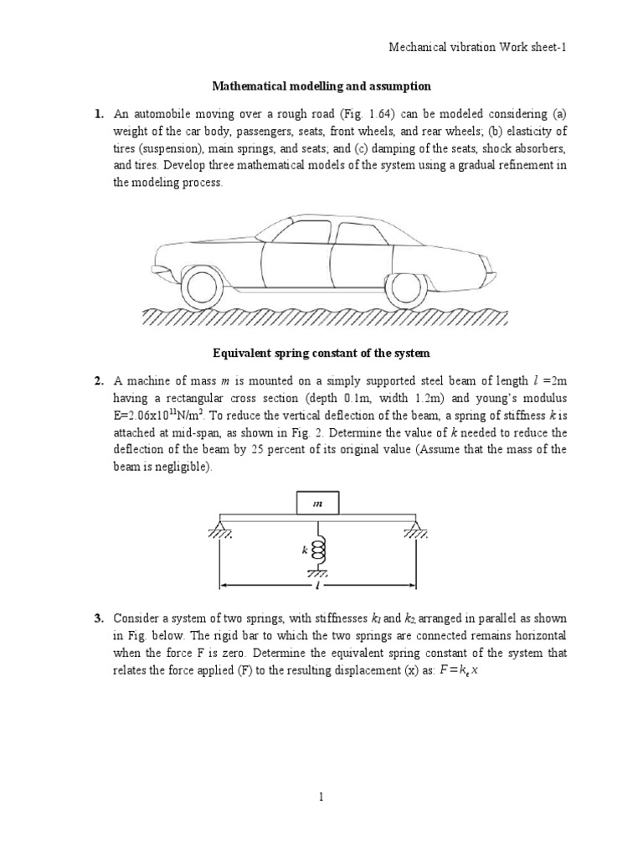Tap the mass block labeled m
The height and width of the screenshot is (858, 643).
tap(318, 504)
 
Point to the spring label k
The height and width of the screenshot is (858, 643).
tap(306, 550)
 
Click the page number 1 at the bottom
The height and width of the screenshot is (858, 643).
tap(321, 798)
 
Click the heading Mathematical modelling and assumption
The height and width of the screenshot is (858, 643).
tap(321, 86)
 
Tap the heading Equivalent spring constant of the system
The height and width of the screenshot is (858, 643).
tap(321, 353)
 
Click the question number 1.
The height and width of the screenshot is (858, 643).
tap(98, 113)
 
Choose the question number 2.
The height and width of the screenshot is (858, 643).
tap(98, 381)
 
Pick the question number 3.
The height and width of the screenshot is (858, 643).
tap(98, 619)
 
